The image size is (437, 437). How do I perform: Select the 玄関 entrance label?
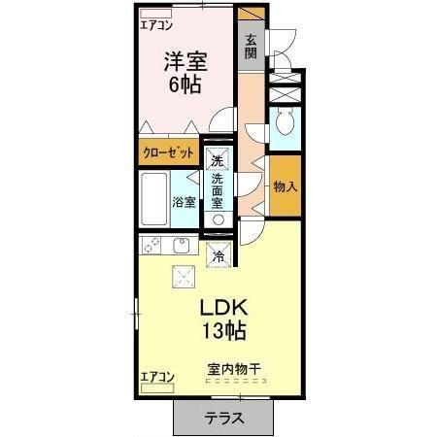251,46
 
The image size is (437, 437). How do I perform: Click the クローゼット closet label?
169,153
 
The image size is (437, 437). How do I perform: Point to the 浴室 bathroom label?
185,201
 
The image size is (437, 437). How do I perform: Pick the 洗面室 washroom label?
218,190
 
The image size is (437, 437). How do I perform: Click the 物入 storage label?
285,185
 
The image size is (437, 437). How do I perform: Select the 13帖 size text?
223,331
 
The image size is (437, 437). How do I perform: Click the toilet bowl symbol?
286,123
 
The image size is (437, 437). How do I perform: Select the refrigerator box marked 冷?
218,256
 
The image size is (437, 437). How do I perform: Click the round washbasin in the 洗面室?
218,219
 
